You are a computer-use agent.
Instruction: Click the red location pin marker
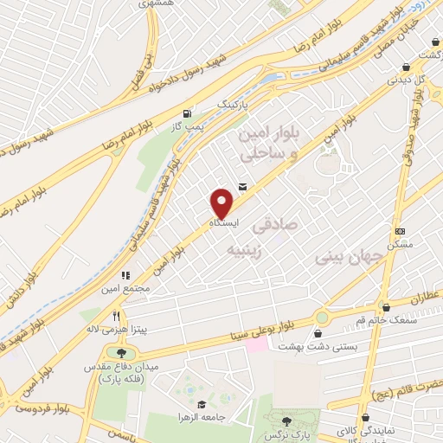(x=222, y=202)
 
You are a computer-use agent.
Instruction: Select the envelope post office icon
(x=241, y=185)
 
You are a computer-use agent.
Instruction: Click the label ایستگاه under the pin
(x=222, y=222)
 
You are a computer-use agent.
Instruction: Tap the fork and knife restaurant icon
(x=115, y=315)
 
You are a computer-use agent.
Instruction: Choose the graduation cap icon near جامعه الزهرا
(x=201, y=404)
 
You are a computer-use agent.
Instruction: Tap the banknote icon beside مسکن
(x=399, y=231)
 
